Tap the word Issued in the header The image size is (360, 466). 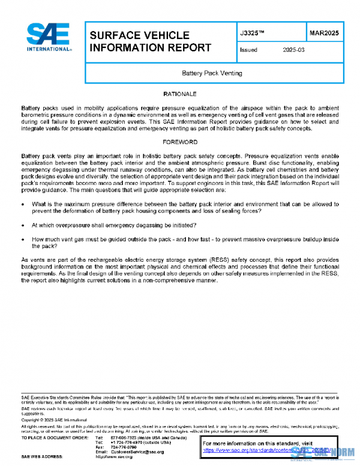(x=248, y=50)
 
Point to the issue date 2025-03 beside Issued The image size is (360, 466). (x=294, y=50)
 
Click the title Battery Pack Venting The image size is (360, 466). (x=212, y=73)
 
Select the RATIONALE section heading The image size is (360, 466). (x=180, y=94)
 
